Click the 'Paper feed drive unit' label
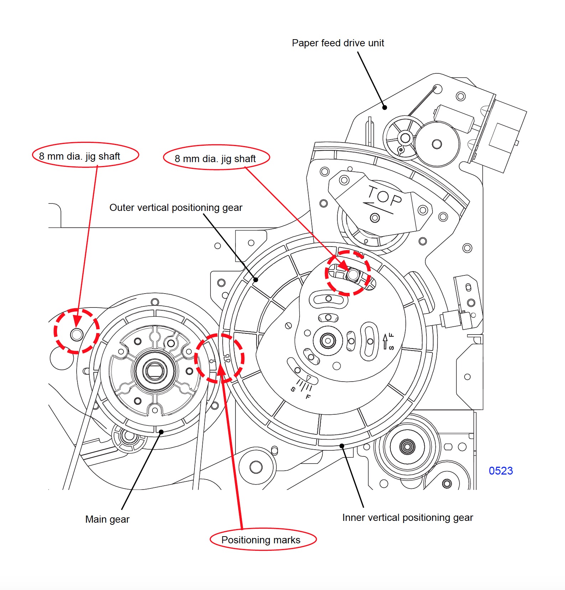pyautogui.click(x=338, y=43)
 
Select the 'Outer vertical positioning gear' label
pyautogui.click(x=176, y=207)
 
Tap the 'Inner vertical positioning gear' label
pyautogui.click(x=407, y=517)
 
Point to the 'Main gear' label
pyautogui.click(x=107, y=519)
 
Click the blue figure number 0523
pyautogui.click(x=501, y=471)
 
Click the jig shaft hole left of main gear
pyautogui.click(x=77, y=335)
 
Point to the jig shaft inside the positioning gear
pyautogui.click(x=353, y=275)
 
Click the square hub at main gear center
pyautogui.click(x=155, y=371)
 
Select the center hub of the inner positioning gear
pyautogui.click(x=328, y=341)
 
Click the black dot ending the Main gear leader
pyautogui.click(x=161, y=432)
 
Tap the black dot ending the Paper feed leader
pyautogui.click(x=384, y=107)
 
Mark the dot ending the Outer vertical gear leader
pyautogui.click(x=255, y=280)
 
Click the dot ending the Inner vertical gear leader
pyautogui.click(x=342, y=446)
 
